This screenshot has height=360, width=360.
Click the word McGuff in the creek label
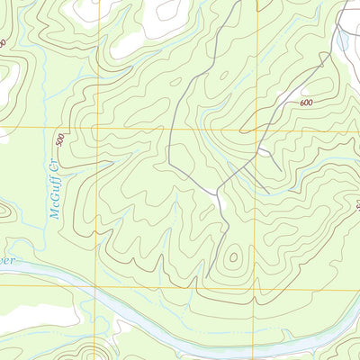[x=54, y=199]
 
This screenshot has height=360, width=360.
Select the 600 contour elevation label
[x=307, y=103]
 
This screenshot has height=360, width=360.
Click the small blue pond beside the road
[x=341, y=38]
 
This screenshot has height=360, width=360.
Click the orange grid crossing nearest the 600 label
[x=259, y=128]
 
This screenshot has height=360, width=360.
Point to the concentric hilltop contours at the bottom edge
[x=92, y=352]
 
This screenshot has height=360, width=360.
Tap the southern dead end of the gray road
[x=209, y=275]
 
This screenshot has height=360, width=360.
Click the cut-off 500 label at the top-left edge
[x=3, y=42]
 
